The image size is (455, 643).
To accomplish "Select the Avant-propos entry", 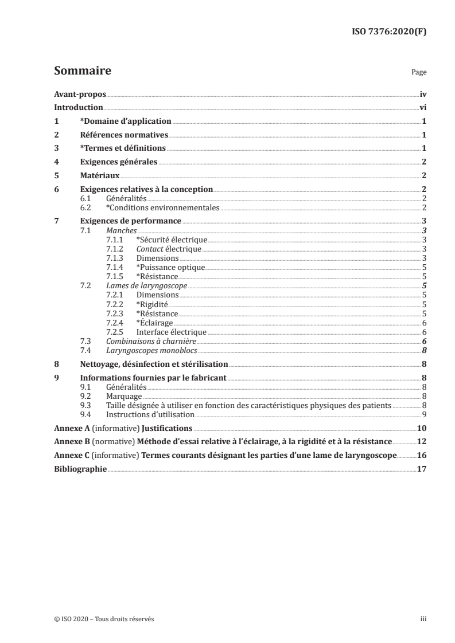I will [80, 94].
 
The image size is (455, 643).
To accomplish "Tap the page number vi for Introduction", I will [422, 108].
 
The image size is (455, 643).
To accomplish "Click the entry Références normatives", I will [124, 135].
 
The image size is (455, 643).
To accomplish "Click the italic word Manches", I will [122, 230].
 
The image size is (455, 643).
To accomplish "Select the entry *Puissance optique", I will [170, 267].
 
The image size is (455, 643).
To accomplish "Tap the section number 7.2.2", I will [116, 304].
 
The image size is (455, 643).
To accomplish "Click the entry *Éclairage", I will [154, 323].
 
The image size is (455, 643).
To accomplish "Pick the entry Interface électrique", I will [171, 332].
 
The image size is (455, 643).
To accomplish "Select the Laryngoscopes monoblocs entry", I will [144, 350].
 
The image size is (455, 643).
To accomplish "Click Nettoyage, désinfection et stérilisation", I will [154, 364].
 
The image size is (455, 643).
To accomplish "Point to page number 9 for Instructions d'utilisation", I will [423, 414].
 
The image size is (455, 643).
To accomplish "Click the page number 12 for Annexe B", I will [421, 442].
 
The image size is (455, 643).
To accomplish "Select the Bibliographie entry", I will [80, 469].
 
